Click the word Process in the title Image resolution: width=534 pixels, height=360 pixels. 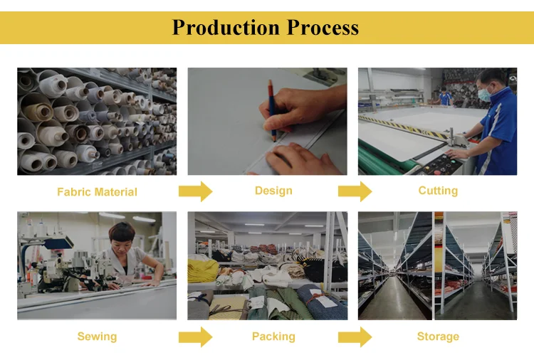click(x=323, y=28)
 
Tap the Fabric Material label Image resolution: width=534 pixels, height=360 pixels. click(x=97, y=192)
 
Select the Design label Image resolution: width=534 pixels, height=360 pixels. click(x=273, y=191)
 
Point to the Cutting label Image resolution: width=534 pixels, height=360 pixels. click(x=438, y=191)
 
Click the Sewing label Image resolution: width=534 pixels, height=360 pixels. click(x=97, y=337)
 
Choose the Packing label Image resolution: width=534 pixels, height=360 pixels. click(x=273, y=337)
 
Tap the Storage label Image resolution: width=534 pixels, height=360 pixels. click(x=438, y=337)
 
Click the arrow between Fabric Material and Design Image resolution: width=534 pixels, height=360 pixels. click(x=195, y=191)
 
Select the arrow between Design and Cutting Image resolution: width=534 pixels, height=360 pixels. click(x=355, y=191)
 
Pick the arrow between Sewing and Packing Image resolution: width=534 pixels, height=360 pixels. click(x=195, y=337)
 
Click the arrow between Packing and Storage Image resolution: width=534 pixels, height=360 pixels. click(x=355, y=337)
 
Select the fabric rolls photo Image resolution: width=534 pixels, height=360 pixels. click(x=97, y=121)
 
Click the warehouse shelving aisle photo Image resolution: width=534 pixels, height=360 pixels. click(x=437, y=265)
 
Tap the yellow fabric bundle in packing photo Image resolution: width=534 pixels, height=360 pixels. click(x=202, y=269)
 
